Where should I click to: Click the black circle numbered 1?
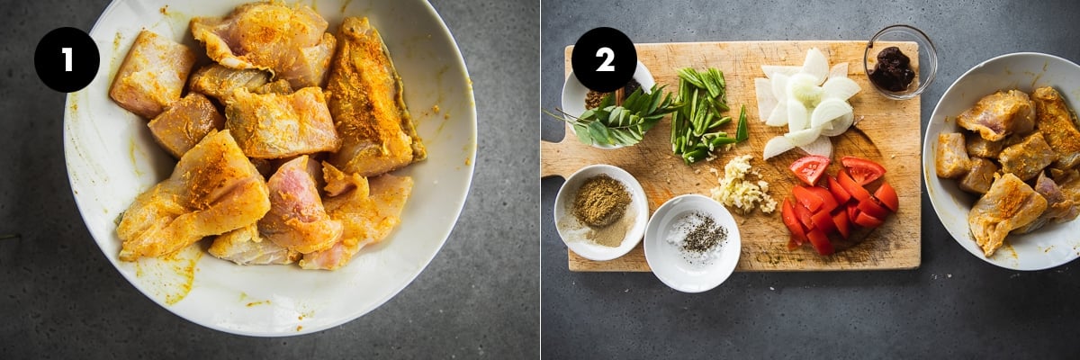tap(67, 59)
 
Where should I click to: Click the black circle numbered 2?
tap(604, 59)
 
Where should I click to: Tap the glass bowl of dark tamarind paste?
tap(900, 63)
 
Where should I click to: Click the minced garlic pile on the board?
tap(742, 185)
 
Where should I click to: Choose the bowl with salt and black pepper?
tap(692, 243)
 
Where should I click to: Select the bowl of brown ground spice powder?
tap(601, 212)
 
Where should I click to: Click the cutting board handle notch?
tap(554, 159)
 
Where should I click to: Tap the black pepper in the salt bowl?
tap(704, 235)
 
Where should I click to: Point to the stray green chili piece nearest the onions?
tap(742, 124)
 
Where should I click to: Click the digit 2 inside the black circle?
tap(604, 60)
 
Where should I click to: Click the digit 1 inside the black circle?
tap(67, 60)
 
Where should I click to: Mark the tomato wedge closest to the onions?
tap(810, 168)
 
